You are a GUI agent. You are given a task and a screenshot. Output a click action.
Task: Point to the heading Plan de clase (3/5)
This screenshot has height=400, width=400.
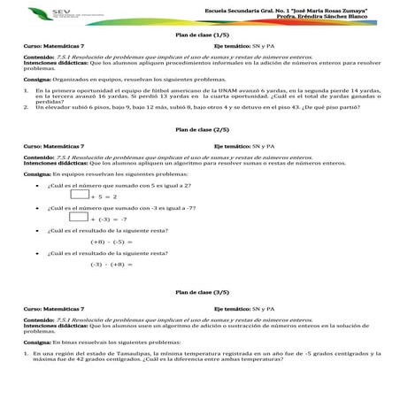(201, 291)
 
